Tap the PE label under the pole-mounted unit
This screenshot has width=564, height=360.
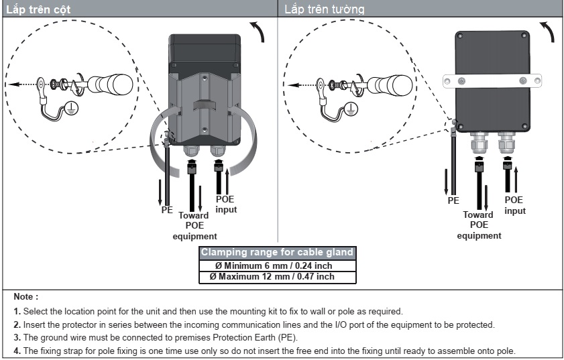(167, 210)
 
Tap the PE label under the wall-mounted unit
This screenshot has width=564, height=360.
(453, 200)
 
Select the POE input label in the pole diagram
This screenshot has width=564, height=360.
(226, 204)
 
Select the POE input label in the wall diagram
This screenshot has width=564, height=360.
(514, 205)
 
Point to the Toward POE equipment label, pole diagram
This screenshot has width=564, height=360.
(194, 225)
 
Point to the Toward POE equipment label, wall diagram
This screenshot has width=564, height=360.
(479, 225)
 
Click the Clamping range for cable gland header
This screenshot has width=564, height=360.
(277, 253)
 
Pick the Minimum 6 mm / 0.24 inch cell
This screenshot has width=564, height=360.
(277, 265)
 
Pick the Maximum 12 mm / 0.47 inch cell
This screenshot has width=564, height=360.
(277, 276)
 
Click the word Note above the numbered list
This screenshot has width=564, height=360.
(25, 296)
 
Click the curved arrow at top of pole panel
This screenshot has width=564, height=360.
(257, 31)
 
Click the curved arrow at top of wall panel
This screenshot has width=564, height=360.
(547, 31)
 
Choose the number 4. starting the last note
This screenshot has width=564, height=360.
(17, 352)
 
